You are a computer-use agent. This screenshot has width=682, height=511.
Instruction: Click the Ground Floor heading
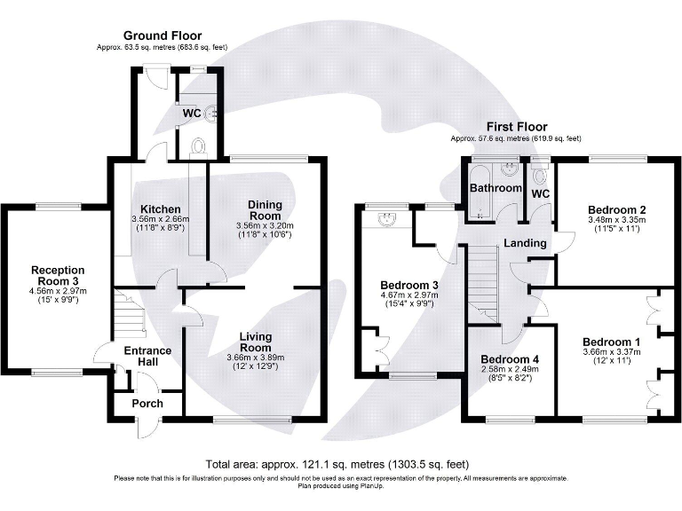click(x=162, y=35)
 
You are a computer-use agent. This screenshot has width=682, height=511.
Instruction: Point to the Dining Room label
click(x=264, y=210)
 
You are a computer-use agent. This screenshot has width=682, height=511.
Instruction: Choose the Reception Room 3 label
click(x=58, y=276)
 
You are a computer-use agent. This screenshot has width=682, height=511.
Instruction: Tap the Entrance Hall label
click(x=147, y=358)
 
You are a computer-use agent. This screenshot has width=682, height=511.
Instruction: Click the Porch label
click(x=147, y=404)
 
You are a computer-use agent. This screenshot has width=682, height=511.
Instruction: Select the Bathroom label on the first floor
click(x=496, y=188)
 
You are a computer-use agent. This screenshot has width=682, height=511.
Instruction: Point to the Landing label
click(x=524, y=243)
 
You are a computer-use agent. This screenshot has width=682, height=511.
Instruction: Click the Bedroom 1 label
click(x=611, y=342)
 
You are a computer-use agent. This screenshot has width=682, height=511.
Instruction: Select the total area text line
click(x=337, y=464)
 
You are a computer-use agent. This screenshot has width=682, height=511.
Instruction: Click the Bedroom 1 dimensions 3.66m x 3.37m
click(x=611, y=353)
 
